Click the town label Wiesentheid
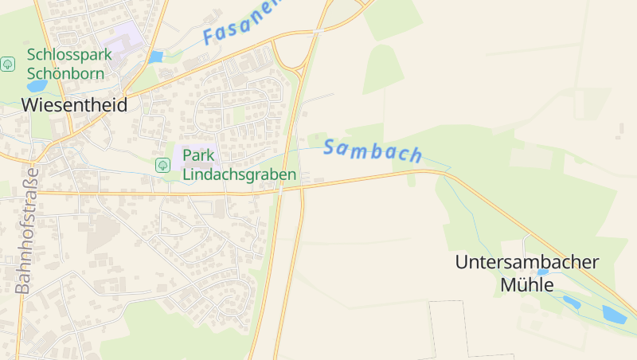point(74,105)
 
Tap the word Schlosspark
point(69,54)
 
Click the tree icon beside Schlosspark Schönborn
point(8,64)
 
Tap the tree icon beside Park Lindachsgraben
point(162,165)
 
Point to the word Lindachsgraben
point(239,174)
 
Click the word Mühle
point(526,284)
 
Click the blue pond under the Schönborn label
point(36,86)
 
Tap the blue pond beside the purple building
point(155,57)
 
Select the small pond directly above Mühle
point(543,272)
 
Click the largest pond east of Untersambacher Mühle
point(614,314)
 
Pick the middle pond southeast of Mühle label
point(572,302)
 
